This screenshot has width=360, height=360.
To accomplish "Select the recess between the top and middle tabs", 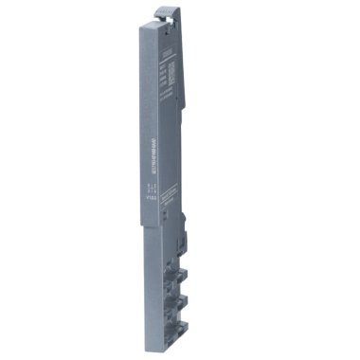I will (194, 270).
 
